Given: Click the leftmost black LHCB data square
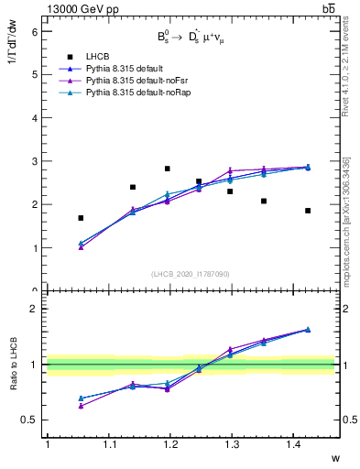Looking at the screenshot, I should [81, 218].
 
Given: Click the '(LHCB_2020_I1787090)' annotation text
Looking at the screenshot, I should [190, 274].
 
